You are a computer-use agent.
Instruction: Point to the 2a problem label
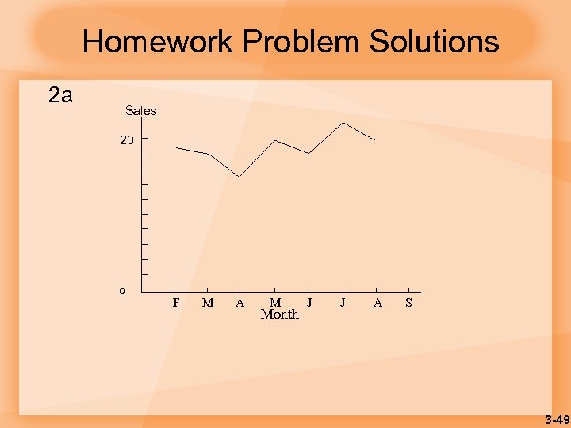(60, 97)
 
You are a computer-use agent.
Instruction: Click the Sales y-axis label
(140, 111)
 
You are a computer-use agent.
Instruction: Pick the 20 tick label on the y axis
(128, 139)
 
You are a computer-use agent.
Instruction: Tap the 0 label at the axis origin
(122, 291)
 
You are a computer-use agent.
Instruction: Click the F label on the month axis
(176, 302)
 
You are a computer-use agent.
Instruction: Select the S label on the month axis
(408, 302)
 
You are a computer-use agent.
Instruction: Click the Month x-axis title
(280, 315)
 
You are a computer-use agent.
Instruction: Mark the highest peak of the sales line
(343, 122)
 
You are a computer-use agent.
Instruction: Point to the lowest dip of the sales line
(240, 176)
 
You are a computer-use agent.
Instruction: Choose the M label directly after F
(208, 302)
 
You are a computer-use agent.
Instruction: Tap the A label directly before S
(377, 302)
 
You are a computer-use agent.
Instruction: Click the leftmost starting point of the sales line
(176, 147)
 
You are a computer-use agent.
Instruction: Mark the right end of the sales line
(374, 140)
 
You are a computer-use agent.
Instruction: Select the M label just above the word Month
(275, 302)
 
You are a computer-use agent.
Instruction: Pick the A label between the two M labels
(240, 302)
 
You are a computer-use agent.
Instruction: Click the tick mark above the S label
(408, 291)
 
